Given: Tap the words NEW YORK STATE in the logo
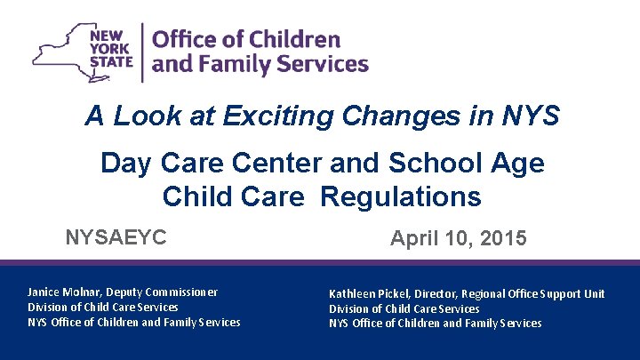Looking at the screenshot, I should coord(110,52).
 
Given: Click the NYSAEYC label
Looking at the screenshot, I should coord(116,238).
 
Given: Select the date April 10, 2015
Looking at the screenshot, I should coord(459,239).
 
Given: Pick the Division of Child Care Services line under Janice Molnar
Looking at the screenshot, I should coord(103,308).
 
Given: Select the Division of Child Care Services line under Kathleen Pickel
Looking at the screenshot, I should coord(404,308).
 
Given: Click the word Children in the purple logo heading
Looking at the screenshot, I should coord(294,40).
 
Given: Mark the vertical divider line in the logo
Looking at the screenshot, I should coord(143,52).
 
